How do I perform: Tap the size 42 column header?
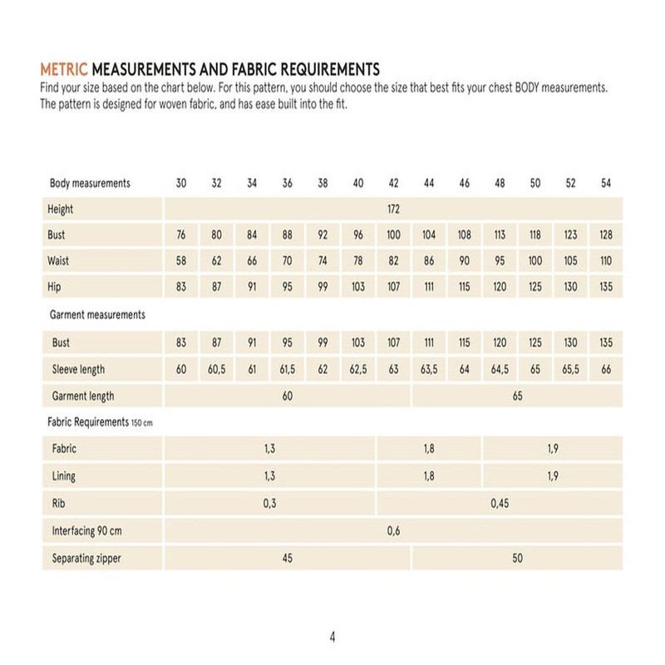pyautogui.click(x=394, y=183)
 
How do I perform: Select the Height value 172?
pyautogui.click(x=394, y=209)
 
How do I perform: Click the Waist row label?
pyautogui.click(x=59, y=261)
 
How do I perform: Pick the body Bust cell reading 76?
pyautogui.click(x=181, y=235)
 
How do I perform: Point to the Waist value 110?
pyautogui.click(x=605, y=261)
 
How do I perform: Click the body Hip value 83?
pyautogui.click(x=181, y=287)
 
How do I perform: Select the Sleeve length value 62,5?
pyautogui.click(x=358, y=369)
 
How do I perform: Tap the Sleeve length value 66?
pyautogui.click(x=605, y=369)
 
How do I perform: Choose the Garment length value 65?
pyautogui.click(x=517, y=396)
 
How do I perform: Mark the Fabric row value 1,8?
pyautogui.click(x=429, y=449)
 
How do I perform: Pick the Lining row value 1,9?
pyautogui.click(x=553, y=475)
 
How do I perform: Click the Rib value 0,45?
pyautogui.click(x=500, y=503)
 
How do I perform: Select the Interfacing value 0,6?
pyautogui.click(x=394, y=530)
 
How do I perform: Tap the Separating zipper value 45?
pyautogui.click(x=288, y=559)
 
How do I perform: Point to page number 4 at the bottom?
pyautogui.click(x=332, y=638)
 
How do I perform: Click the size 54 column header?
pyautogui.click(x=605, y=183)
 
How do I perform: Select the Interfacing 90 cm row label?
pyautogui.click(x=92, y=530)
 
